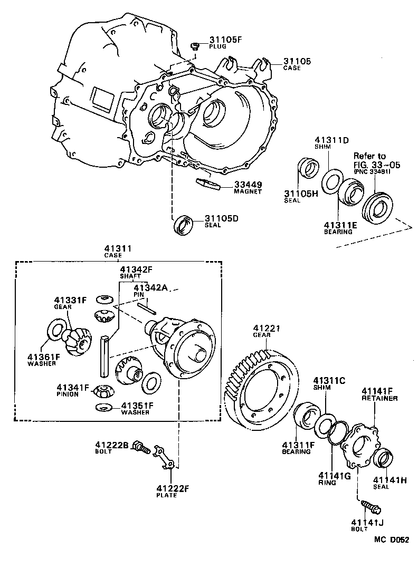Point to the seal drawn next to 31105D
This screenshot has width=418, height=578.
[x=183, y=224]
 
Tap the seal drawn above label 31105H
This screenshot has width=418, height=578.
[x=308, y=168]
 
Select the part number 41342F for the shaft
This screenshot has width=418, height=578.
[x=136, y=269]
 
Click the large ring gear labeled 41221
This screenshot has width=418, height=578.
[x=261, y=385]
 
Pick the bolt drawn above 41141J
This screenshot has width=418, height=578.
[x=371, y=506]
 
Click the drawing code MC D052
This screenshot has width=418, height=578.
[x=392, y=540]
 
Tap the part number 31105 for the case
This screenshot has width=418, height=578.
[x=297, y=61]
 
